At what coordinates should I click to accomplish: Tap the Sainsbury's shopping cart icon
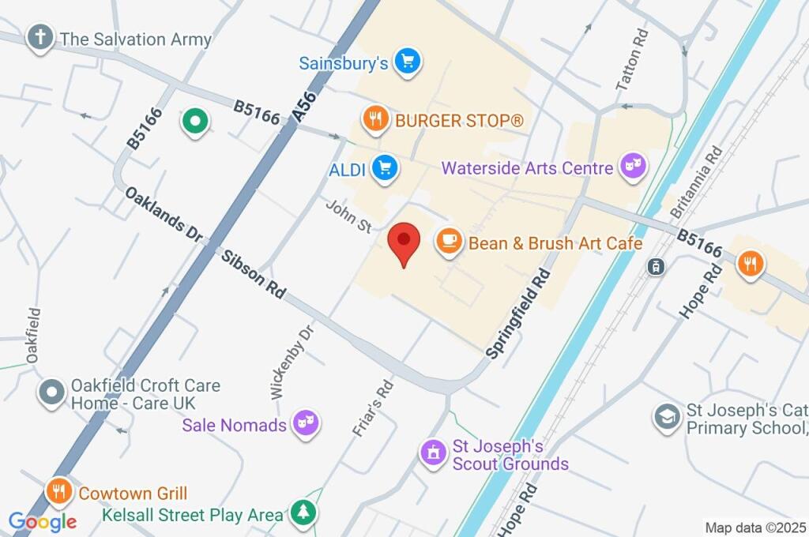[x=407, y=62]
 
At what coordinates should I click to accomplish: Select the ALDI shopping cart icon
[x=385, y=167]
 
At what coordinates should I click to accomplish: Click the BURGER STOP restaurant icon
[x=374, y=120]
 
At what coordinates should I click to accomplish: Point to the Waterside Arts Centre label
[x=527, y=168]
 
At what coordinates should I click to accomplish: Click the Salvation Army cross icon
[x=40, y=37]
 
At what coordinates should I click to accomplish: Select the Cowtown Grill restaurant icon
[x=59, y=492]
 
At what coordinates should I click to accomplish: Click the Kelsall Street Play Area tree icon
[x=303, y=513]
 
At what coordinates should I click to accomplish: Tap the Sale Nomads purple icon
[x=303, y=424]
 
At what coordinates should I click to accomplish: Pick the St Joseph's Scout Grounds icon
[x=432, y=453]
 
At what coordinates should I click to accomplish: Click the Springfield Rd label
[x=518, y=314]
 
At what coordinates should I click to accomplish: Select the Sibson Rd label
[x=253, y=274]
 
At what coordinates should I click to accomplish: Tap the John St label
[x=349, y=215]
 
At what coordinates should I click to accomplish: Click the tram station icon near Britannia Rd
[x=654, y=267]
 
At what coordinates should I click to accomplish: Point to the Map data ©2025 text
[x=755, y=528]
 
